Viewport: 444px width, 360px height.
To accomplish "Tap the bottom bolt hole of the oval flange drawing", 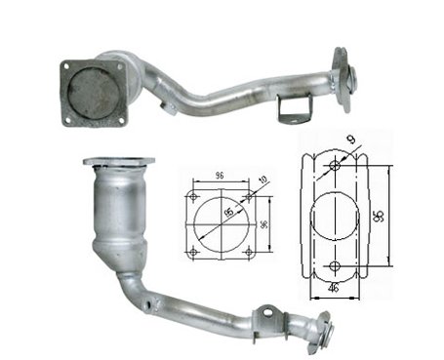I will (x=335, y=266).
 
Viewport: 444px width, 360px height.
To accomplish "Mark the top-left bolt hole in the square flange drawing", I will (x=193, y=194).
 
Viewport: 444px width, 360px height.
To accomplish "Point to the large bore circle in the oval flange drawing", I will (x=335, y=216).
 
